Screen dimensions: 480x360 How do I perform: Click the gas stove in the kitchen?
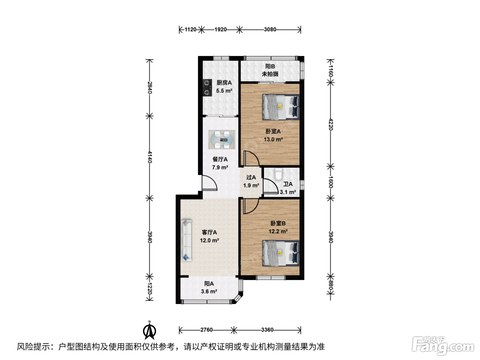207,88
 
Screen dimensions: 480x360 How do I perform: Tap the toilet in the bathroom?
278,174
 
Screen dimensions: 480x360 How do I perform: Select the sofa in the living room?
186,240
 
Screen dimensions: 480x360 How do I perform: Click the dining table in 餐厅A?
221,140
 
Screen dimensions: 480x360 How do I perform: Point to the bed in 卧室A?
281,107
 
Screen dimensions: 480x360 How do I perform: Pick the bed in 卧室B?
281,253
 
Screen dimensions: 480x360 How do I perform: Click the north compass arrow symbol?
149,331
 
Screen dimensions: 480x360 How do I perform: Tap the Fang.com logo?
443,346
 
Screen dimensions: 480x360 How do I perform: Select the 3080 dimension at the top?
270,29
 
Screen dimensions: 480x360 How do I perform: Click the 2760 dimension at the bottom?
206,330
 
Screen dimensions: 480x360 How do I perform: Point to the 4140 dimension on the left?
149,157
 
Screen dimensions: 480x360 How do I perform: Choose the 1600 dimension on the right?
331,182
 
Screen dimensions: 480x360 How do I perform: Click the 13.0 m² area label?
273,139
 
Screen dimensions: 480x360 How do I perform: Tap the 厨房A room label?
224,83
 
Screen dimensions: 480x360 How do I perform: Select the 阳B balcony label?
270,66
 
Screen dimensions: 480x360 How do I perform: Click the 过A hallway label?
251,177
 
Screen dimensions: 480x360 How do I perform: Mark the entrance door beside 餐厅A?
209,183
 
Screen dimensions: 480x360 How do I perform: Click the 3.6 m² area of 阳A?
209,291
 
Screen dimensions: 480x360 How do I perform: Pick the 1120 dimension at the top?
190,29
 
